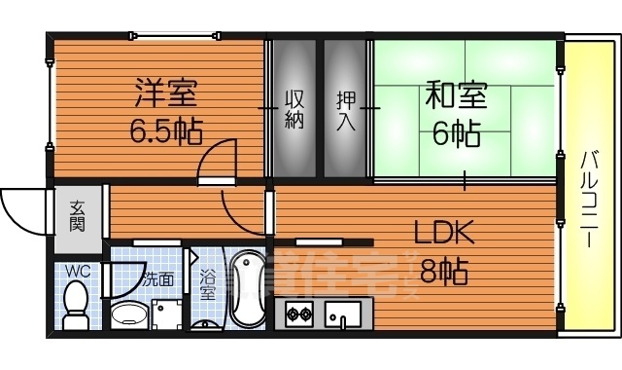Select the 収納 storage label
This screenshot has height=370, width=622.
pos(295,109)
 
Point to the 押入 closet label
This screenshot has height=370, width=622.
pos(346,109)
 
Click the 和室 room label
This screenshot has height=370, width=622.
pos(455,96)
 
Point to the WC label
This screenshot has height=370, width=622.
pos(76,270)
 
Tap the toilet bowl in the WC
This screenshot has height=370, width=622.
pos(74,303)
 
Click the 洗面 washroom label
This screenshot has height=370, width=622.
pos(158,278)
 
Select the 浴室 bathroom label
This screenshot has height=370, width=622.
pos(207,280)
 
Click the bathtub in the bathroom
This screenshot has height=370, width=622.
pos(247,291)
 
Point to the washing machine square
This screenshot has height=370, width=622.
pos(170,314)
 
